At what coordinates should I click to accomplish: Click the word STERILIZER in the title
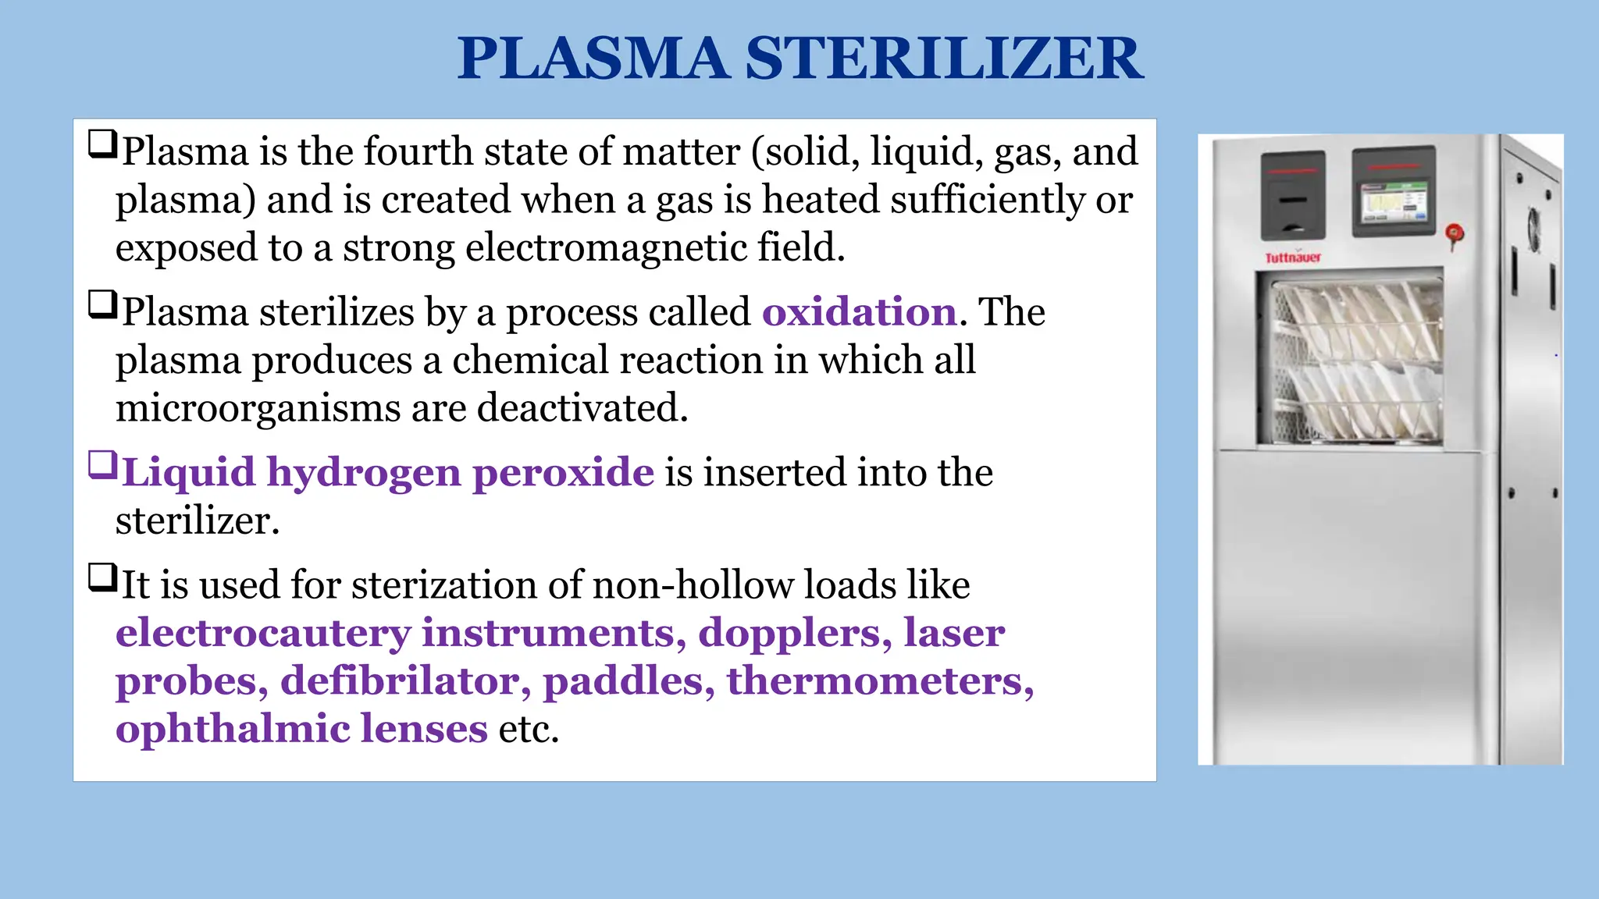point(945,59)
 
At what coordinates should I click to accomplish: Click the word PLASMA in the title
point(593,59)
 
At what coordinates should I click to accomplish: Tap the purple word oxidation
point(860,312)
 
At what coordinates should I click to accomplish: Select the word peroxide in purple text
point(563,473)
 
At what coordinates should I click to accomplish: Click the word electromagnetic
point(607,248)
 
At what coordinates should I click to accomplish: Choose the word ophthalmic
point(232,729)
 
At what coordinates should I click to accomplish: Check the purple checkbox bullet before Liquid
point(102,465)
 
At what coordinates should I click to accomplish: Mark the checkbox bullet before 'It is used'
point(102,578)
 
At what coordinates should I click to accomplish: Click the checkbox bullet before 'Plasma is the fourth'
point(102,144)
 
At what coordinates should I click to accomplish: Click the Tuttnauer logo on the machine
point(1293,258)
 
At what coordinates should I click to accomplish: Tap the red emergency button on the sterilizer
point(1455,233)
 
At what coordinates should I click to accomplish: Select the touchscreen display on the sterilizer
point(1394,205)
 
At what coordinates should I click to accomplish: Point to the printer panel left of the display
point(1293,196)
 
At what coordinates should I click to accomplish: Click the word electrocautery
point(263,633)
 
